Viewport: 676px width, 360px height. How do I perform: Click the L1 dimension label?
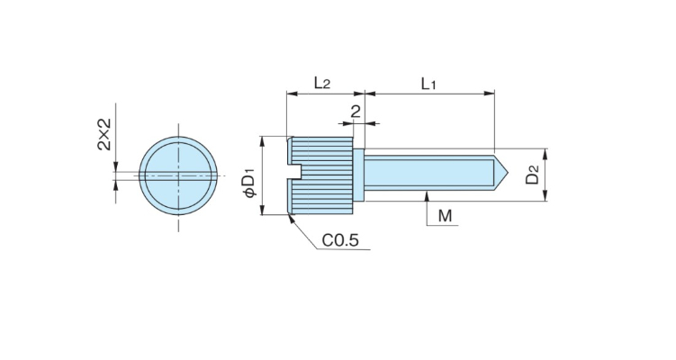point(428,84)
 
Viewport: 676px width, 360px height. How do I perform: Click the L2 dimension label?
point(321,84)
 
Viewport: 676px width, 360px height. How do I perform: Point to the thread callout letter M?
point(445,216)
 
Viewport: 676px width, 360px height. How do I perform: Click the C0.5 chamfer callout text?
point(340,240)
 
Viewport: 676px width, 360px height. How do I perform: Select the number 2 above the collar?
point(356,112)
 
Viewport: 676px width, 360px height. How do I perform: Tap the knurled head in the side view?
point(324,175)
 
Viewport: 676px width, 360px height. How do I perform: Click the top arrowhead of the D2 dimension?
point(546,152)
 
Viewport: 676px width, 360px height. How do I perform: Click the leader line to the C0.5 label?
point(306,233)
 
